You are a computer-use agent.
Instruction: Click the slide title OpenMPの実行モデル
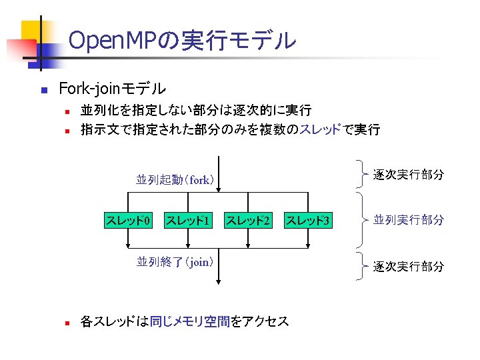[x=182, y=41]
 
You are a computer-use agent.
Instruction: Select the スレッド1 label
[x=188, y=220]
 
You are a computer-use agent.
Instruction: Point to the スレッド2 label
[x=248, y=220]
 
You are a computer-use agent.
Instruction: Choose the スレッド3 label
[x=308, y=220]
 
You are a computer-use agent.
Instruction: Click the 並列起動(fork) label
[x=175, y=179]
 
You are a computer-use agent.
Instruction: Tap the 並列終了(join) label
[x=175, y=262]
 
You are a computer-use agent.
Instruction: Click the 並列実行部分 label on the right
[x=408, y=219]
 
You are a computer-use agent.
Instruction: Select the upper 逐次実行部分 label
[x=408, y=175]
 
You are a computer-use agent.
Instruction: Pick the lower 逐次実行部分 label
[x=408, y=266]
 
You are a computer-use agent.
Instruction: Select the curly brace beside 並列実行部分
[x=361, y=219]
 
